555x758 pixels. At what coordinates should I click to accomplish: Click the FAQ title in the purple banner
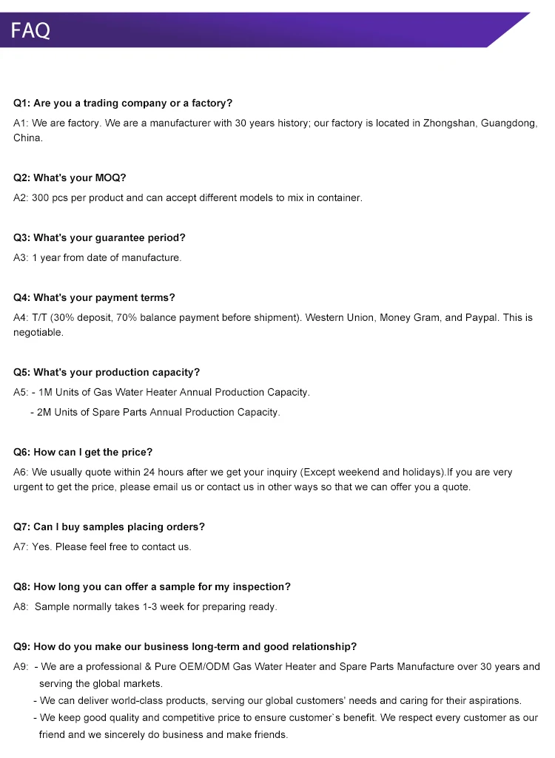point(30,30)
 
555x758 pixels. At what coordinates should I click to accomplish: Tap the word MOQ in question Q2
point(110,178)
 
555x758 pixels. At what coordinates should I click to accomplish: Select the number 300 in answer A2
point(40,198)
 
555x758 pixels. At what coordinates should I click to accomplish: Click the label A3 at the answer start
point(20,258)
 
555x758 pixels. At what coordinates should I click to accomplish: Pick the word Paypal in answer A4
point(482,318)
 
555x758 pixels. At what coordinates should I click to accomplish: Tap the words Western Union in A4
point(340,318)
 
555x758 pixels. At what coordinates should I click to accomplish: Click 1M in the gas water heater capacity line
point(45,393)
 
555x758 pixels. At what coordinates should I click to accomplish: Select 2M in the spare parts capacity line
point(44,413)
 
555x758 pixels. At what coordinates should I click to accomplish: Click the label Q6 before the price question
point(21,453)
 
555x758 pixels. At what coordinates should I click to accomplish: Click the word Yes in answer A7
point(41,547)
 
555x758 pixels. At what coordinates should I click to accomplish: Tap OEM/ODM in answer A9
point(206,667)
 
